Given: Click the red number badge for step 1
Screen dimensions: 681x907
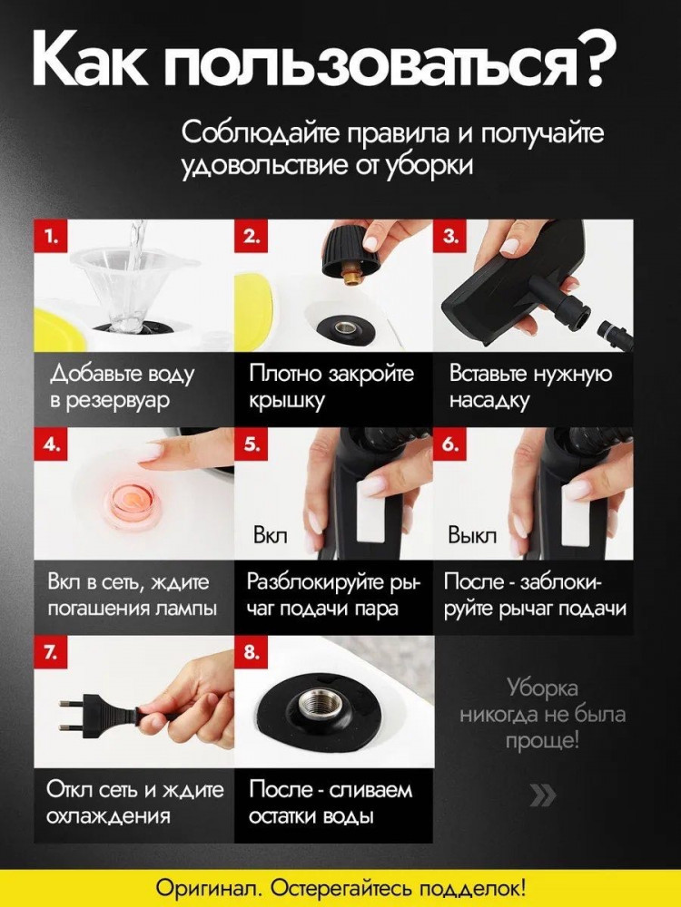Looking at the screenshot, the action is [50, 236].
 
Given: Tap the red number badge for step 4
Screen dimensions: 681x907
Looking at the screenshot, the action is [50, 444].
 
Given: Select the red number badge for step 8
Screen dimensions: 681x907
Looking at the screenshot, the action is [251, 652].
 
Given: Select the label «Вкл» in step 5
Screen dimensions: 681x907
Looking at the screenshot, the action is [271, 536].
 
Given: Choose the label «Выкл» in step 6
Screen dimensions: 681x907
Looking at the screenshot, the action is [472, 536].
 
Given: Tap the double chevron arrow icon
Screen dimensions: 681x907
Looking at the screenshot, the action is [543, 796].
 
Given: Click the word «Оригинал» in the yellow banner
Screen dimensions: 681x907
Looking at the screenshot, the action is [210, 887].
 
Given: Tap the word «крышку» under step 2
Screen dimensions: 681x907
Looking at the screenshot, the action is [286, 401].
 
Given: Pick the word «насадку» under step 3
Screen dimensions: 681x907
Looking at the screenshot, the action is [489, 401].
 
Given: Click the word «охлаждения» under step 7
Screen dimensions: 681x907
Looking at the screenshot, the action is [109, 816].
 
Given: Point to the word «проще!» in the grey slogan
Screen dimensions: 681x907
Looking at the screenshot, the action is [543, 740].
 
